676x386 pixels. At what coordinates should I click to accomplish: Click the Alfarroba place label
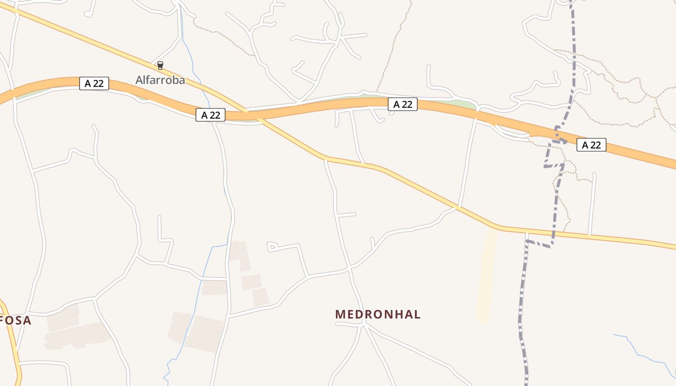click(160, 80)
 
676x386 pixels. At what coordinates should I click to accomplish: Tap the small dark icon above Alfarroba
click(160, 66)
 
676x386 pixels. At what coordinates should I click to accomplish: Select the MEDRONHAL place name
click(378, 314)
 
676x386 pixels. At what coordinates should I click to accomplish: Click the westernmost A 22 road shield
click(94, 83)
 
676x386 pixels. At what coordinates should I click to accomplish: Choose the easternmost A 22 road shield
click(591, 145)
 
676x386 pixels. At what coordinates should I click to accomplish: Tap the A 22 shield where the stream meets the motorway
click(211, 115)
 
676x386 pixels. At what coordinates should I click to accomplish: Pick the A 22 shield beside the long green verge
click(402, 104)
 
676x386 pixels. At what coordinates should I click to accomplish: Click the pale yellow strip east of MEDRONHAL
click(486, 275)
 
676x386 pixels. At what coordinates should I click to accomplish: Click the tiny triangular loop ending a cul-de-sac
click(271, 247)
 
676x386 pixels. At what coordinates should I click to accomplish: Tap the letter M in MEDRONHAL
click(340, 314)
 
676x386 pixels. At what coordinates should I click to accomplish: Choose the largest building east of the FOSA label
click(86, 334)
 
